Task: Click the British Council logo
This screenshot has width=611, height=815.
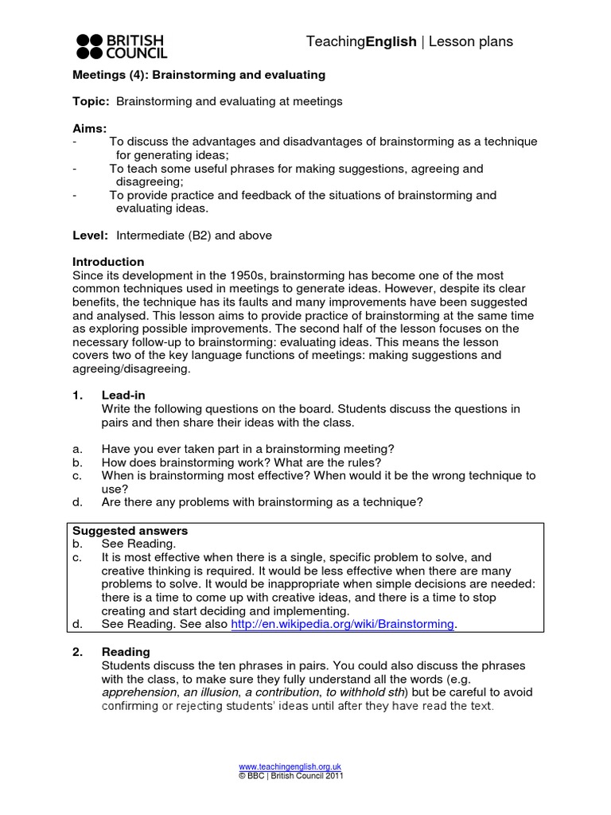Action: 121,46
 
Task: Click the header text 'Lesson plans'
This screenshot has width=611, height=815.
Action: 471,41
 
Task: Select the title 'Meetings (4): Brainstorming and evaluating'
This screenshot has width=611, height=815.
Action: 199,75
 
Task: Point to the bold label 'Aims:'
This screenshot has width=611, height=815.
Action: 90,128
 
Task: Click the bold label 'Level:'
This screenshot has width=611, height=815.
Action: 91,235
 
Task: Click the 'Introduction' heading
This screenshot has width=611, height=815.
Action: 108,262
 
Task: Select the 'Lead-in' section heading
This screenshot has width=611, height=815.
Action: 123,396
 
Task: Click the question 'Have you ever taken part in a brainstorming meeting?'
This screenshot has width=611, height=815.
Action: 247,449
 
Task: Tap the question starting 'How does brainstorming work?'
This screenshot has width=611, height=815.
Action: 241,462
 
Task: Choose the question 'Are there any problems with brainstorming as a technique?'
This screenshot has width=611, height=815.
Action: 262,502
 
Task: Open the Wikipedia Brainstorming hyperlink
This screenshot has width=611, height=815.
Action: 343,625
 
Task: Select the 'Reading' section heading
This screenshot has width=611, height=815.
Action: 126,652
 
